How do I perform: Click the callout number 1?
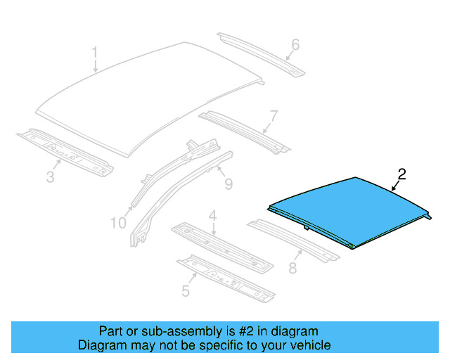(x=95, y=53)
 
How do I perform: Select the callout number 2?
(x=401, y=174)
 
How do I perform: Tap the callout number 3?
(x=50, y=176)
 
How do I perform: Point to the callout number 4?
(x=212, y=215)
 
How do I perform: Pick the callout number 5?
(x=186, y=289)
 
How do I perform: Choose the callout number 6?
(x=295, y=45)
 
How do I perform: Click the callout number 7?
(x=274, y=115)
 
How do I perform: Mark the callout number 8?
(x=293, y=268)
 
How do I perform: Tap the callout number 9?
(x=228, y=184)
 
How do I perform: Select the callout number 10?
(x=117, y=223)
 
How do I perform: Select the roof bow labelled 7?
(x=243, y=130)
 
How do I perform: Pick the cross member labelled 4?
(x=221, y=245)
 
